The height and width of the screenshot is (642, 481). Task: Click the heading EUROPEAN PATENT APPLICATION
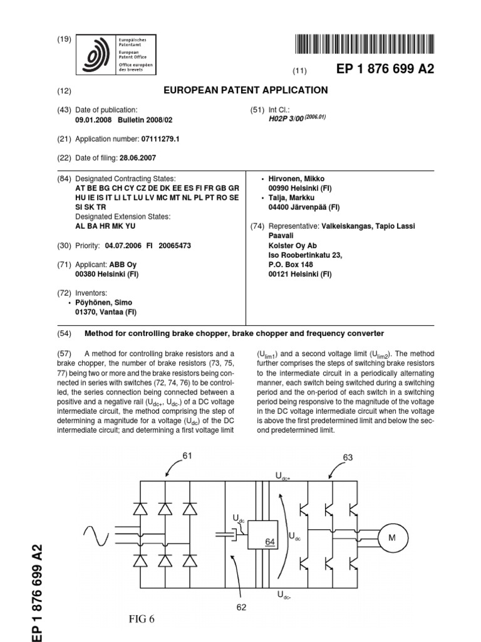click(246, 90)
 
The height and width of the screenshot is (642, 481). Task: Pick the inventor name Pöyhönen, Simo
click(104, 302)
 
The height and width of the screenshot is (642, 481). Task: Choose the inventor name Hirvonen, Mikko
click(289, 179)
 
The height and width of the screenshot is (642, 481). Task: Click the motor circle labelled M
click(393, 537)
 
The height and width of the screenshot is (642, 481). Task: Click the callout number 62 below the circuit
click(243, 606)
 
